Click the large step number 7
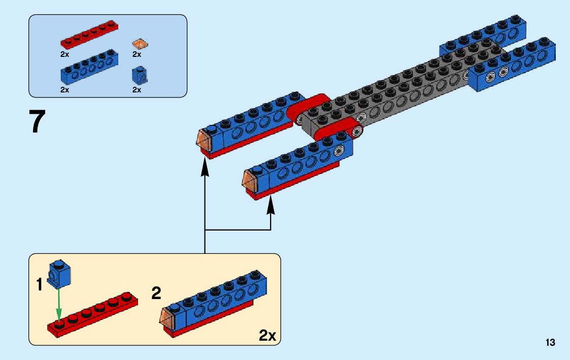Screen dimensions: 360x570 pos(38,122)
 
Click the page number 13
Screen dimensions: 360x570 pos(550,343)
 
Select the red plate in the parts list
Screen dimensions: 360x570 pos(89,36)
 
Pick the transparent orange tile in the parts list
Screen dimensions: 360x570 pos(140,44)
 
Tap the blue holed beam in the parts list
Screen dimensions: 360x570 pos(90,69)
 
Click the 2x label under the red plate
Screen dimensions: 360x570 pos(64,54)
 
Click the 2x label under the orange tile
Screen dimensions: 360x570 pos(137,54)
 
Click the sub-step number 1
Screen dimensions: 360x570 pos(40,285)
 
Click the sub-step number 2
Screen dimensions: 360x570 pos(156,293)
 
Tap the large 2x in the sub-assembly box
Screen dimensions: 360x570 pos(267,336)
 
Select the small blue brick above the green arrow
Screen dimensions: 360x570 pos(59,273)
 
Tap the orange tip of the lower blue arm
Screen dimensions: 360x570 pos(249,180)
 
